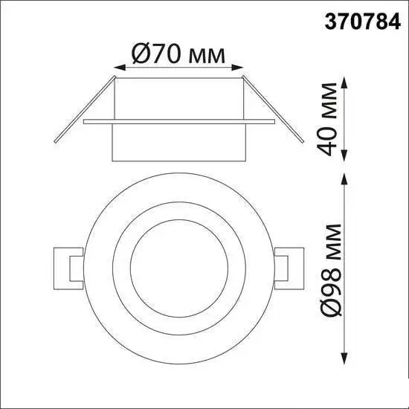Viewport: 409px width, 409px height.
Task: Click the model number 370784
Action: tap(363, 22)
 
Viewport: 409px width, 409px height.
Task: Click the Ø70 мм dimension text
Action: tap(178, 54)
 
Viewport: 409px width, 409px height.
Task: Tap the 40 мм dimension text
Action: tap(327, 120)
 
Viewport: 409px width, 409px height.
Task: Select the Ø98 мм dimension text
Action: tap(331, 270)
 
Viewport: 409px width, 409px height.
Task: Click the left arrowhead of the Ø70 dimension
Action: tap(120, 68)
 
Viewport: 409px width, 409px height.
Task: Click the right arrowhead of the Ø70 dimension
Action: tap(237, 67)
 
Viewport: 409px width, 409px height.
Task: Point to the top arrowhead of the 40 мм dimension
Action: tap(345, 83)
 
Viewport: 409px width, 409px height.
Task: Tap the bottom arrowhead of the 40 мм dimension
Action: tap(345, 155)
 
